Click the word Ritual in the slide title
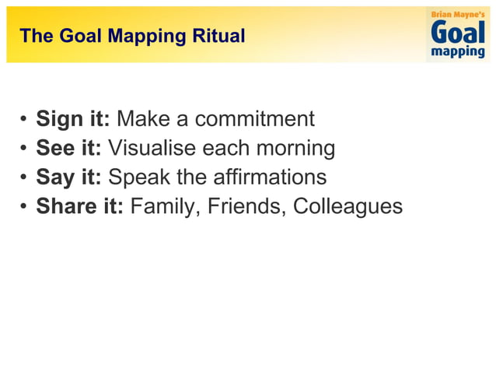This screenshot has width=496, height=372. click(221, 36)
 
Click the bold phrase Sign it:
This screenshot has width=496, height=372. click(73, 119)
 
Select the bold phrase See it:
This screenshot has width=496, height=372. click(69, 148)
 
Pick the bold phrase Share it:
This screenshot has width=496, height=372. click(80, 206)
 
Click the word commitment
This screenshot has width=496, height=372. click(254, 119)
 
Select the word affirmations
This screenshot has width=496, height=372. click(268, 177)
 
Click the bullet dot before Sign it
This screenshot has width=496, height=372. click(24, 121)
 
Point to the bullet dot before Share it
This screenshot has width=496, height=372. click(24, 207)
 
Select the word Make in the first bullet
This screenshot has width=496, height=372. click(143, 119)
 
